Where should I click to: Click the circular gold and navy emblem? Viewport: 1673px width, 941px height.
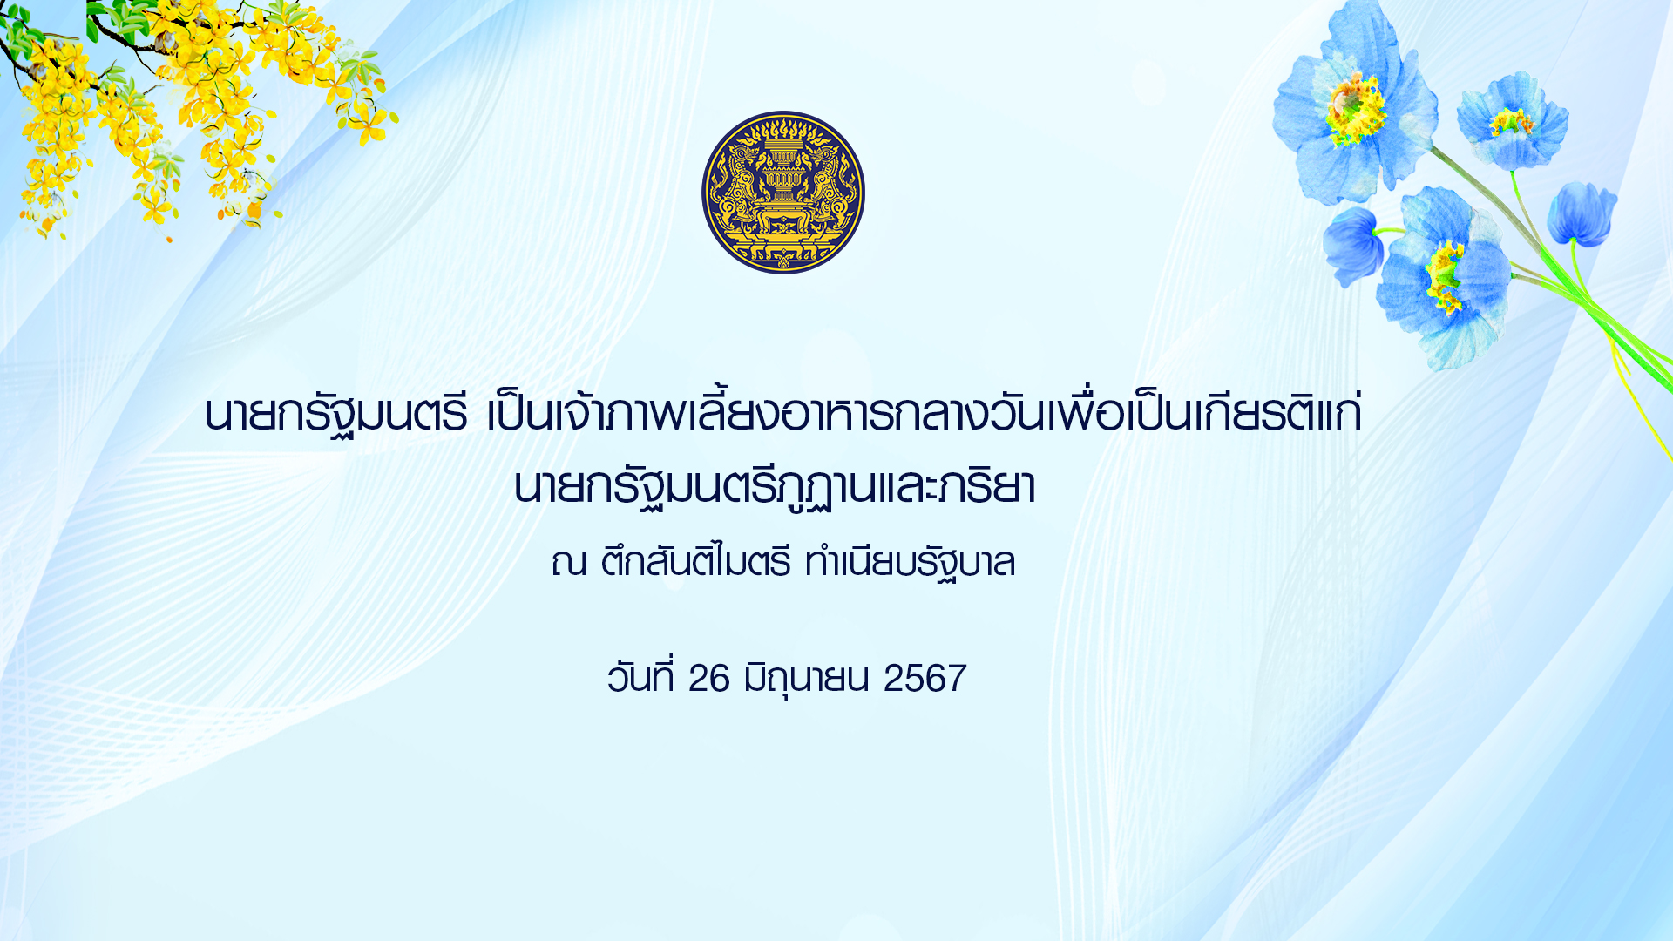(x=783, y=193)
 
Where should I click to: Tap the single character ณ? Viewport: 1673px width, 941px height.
(x=568, y=563)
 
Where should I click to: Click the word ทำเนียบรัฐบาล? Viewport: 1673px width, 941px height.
(x=911, y=562)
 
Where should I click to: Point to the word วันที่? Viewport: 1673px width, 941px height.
(x=640, y=676)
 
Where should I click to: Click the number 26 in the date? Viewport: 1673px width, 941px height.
(x=708, y=679)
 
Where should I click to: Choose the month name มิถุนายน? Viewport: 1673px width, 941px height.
(x=807, y=679)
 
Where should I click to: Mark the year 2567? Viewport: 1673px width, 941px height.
(x=925, y=679)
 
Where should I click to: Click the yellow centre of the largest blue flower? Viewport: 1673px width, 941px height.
(x=1355, y=110)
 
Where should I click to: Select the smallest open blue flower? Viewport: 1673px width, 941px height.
(x=1513, y=121)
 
